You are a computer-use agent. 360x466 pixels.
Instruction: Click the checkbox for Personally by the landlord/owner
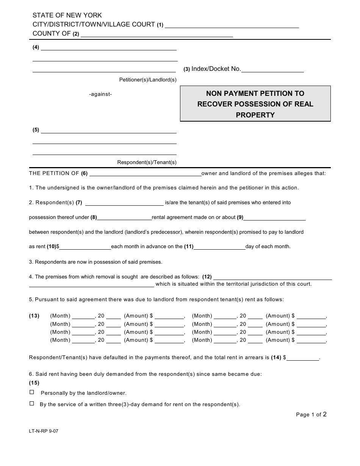(32, 392)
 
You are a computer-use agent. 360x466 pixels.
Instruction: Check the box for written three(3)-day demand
(32, 403)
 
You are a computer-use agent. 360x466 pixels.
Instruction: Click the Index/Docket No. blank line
(272, 69)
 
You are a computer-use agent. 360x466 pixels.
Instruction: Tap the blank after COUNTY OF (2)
(157, 34)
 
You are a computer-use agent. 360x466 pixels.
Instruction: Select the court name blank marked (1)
(232, 25)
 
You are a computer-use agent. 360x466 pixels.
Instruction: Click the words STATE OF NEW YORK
(67, 16)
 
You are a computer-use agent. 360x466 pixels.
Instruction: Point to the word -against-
(100, 94)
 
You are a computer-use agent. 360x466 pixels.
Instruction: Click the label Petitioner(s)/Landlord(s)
(148, 80)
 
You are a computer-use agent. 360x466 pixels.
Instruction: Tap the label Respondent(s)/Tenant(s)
(147, 162)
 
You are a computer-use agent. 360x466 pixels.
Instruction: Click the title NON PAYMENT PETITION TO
(255, 93)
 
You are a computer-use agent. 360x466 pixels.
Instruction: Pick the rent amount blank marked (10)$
(85, 247)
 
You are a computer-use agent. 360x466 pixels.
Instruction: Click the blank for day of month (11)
(219, 247)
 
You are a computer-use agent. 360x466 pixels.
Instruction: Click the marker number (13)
(34, 316)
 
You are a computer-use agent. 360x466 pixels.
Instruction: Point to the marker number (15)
(34, 383)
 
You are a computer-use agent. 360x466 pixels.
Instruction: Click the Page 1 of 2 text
(311, 414)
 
